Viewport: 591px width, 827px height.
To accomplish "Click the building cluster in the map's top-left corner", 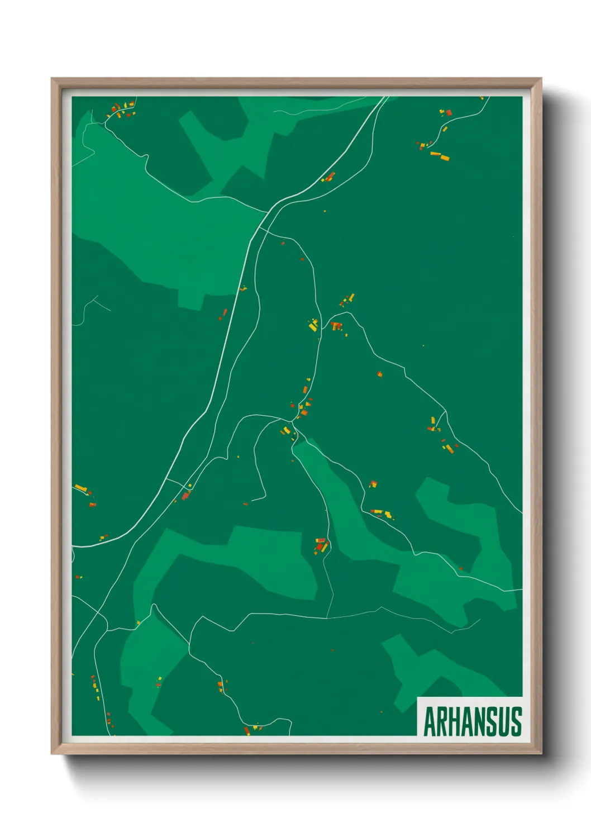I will [x=121, y=109].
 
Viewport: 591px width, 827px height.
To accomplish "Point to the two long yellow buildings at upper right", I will [x=440, y=156].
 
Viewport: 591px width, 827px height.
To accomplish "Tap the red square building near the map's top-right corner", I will [x=448, y=113].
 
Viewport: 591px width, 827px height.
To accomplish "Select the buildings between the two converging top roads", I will [x=328, y=178].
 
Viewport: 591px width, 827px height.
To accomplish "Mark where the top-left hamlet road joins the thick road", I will [x=266, y=212].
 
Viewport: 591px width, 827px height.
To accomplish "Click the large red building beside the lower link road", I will [x=186, y=495].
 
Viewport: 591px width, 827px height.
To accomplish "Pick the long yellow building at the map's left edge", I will [x=80, y=488].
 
